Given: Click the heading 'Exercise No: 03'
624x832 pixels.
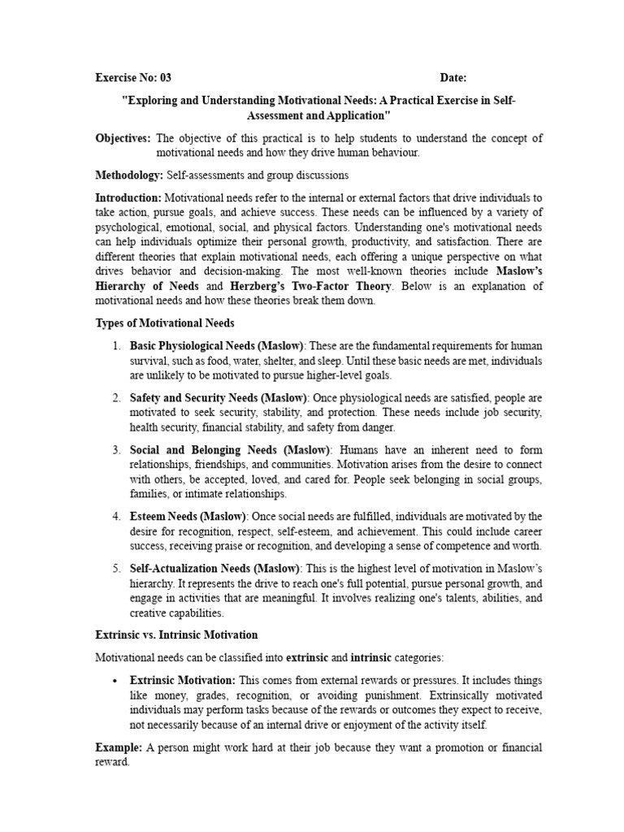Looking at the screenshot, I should [x=133, y=78].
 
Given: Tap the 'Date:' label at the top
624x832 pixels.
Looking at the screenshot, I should [x=453, y=78].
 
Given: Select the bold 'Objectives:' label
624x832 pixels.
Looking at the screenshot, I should [x=123, y=139].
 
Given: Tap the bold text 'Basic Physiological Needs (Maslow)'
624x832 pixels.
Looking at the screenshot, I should [x=217, y=346].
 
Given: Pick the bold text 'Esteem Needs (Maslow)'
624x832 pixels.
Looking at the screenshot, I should [x=188, y=516].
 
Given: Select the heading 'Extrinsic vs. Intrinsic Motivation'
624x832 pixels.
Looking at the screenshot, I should [x=176, y=635].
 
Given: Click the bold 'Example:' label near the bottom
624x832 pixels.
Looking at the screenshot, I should [x=118, y=747].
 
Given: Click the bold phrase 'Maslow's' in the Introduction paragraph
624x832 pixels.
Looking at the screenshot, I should [x=518, y=271].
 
